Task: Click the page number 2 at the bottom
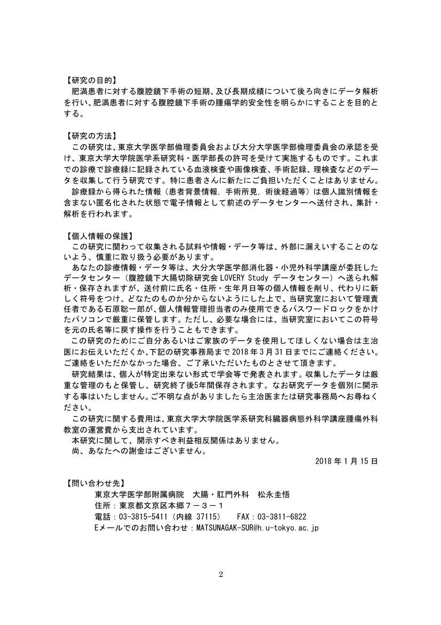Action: click(x=220, y=575)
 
